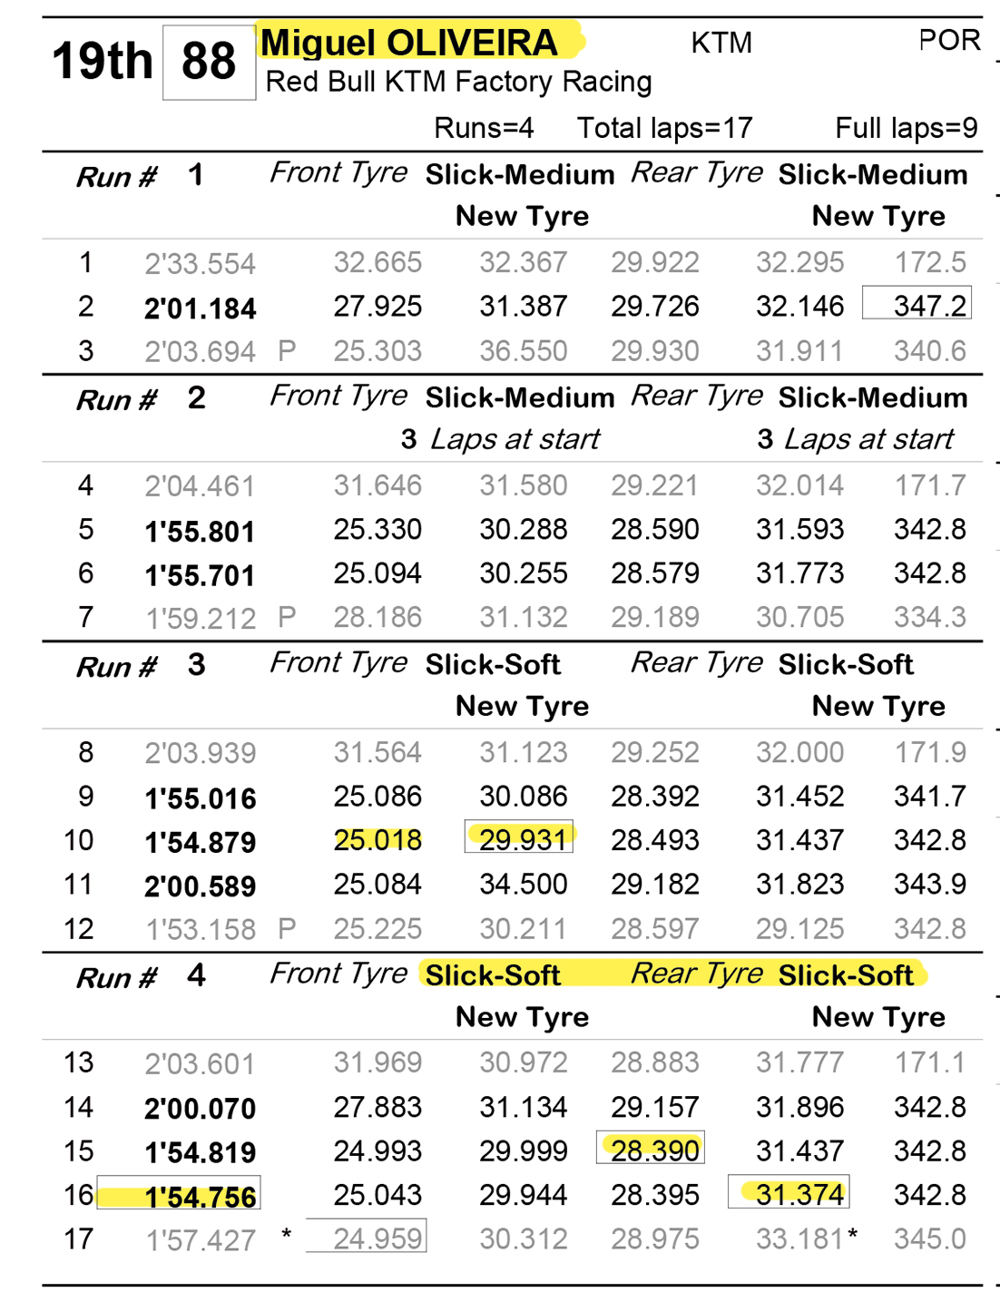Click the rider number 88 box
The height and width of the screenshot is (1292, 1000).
(209, 62)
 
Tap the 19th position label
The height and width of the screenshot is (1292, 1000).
(102, 62)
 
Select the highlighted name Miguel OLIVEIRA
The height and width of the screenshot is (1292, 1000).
(409, 43)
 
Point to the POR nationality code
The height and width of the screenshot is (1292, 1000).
(949, 41)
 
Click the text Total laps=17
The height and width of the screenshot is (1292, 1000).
(664, 128)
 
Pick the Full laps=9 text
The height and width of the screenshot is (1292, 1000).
(906, 128)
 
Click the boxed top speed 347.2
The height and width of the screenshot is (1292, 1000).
(917, 306)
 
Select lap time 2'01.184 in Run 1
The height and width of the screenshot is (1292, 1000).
(200, 308)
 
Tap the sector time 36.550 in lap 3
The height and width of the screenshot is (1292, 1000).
(524, 350)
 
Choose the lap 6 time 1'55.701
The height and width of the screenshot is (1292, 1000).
(200, 574)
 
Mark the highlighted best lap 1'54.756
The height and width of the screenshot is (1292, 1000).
(200, 1197)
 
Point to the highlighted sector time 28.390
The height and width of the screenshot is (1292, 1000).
(654, 1150)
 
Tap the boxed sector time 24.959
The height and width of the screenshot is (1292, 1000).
(377, 1238)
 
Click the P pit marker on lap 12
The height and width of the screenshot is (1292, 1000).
(287, 928)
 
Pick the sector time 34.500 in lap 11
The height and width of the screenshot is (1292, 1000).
(524, 884)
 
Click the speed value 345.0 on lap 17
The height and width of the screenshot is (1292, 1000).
(929, 1238)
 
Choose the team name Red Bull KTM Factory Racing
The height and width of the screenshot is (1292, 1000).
(458, 82)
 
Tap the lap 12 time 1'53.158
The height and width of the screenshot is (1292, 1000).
(200, 930)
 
